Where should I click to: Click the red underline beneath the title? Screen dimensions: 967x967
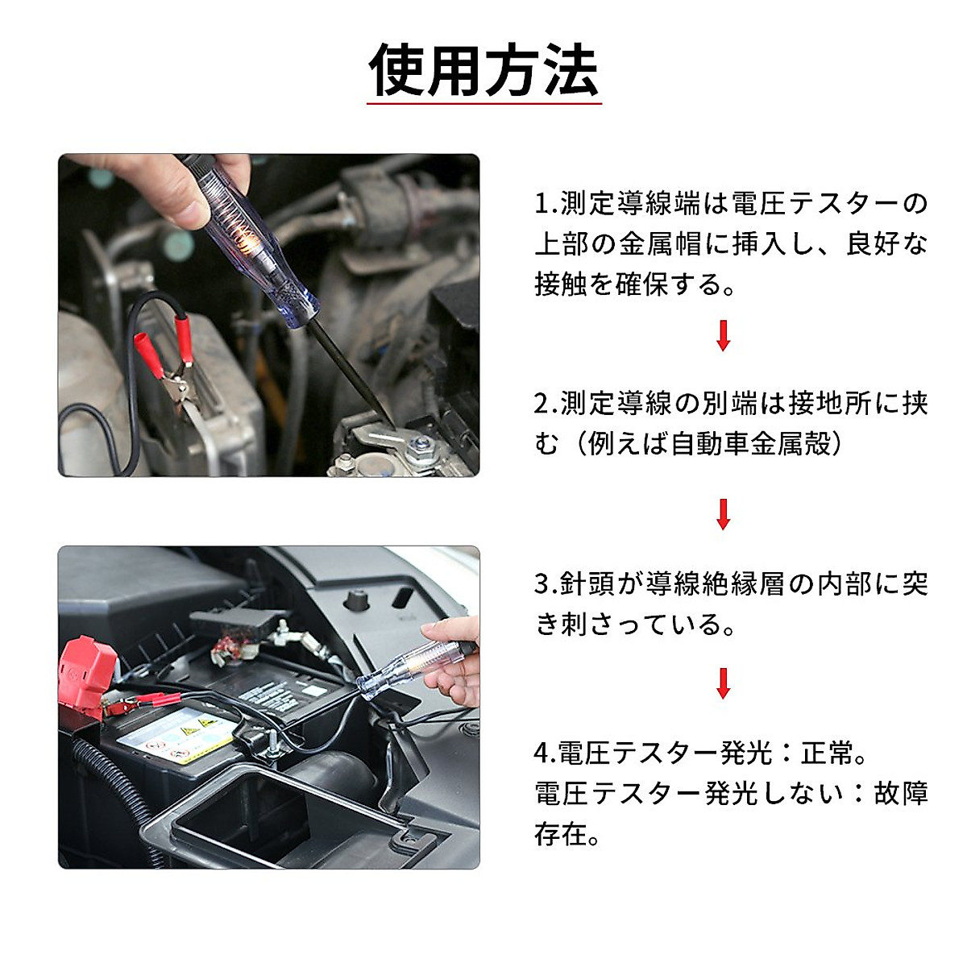(483, 104)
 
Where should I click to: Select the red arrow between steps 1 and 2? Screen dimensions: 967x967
(723, 335)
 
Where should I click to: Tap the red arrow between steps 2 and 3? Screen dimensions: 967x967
(723, 514)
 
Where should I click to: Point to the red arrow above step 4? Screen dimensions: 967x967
(723, 683)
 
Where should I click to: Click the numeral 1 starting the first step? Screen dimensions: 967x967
(542, 204)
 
